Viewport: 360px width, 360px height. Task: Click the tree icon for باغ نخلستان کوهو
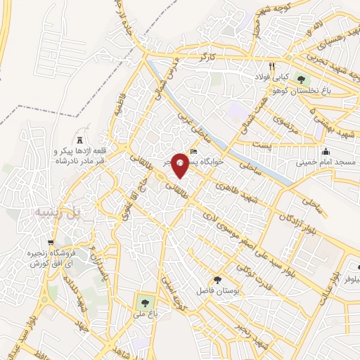pyautogui.click(x=302, y=78)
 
